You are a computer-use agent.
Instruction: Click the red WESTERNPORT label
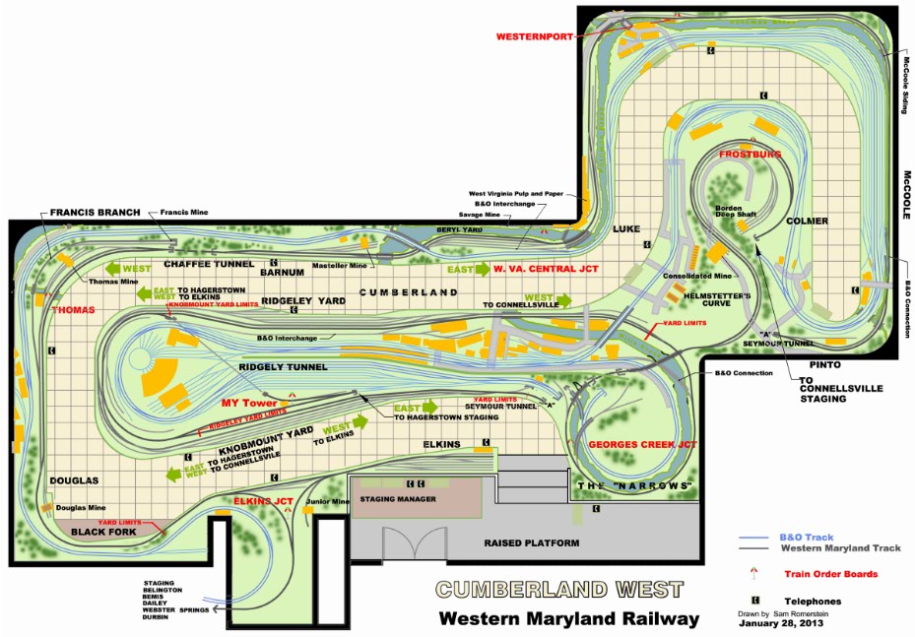(532, 35)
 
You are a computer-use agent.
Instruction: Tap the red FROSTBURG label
(750, 155)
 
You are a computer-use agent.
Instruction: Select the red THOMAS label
(73, 310)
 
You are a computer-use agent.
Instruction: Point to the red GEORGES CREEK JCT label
(642, 444)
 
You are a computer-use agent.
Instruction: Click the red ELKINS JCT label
(264, 501)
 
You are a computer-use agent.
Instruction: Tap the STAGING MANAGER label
(394, 499)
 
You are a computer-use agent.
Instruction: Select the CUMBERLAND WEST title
(559, 590)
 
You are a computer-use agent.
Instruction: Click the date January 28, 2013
(783, 623)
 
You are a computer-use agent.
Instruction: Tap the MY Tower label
(249, 403)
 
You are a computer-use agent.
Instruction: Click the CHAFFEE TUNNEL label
(208, 264)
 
